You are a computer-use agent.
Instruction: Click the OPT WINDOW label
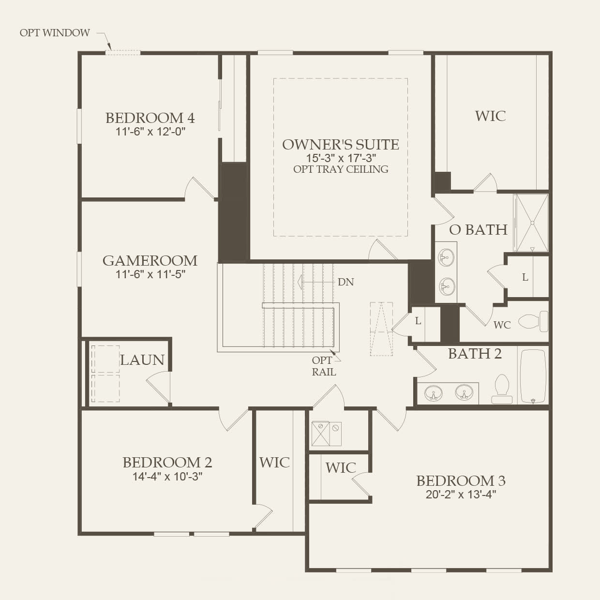[55, 33]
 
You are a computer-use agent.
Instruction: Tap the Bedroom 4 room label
[150, 118]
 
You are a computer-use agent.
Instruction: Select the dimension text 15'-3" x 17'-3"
[341, 158]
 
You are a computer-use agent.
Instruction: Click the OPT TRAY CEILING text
[341, 169]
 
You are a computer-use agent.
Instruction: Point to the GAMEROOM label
[150, 261]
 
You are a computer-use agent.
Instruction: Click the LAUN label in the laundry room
[142, 360]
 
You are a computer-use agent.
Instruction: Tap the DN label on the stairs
[345, 282]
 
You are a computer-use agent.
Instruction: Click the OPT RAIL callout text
[323, 366]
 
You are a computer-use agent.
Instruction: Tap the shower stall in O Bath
[531, 223]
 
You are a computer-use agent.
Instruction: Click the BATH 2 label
[475, 354]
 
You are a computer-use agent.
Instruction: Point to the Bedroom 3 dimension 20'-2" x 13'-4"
[461, 495]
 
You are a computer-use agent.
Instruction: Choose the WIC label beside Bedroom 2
[274, 463]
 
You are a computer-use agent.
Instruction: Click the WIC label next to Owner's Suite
[490, 116]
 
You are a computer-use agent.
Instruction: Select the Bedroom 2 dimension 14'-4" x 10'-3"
[167, 476]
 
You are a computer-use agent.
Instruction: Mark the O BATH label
[478, 230]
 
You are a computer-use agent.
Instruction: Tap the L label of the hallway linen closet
[418, 321]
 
